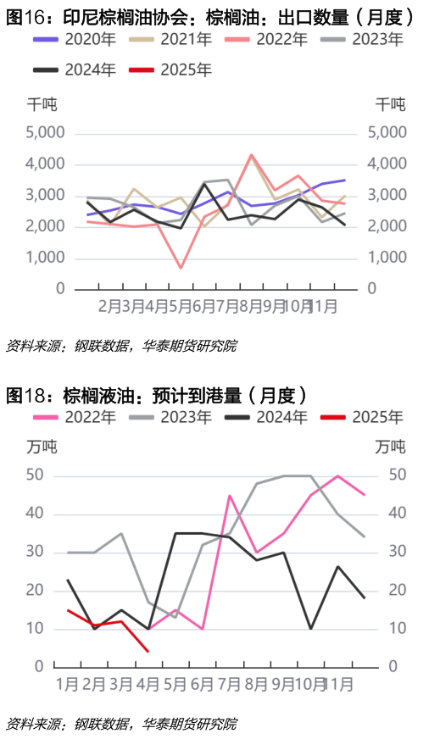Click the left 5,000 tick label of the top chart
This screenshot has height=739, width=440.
coord(46,133)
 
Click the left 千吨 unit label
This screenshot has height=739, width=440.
coord(42,104)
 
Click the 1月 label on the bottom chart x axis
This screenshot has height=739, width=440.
coord(69,682)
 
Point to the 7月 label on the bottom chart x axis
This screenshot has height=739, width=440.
coord(230,682)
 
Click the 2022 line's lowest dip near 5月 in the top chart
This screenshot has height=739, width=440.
coord(181,268)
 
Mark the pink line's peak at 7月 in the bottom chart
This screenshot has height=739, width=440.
coord(230,496)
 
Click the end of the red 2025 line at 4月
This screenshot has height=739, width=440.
coord(148,651)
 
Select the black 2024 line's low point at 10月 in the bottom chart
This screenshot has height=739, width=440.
coord(309,629)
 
